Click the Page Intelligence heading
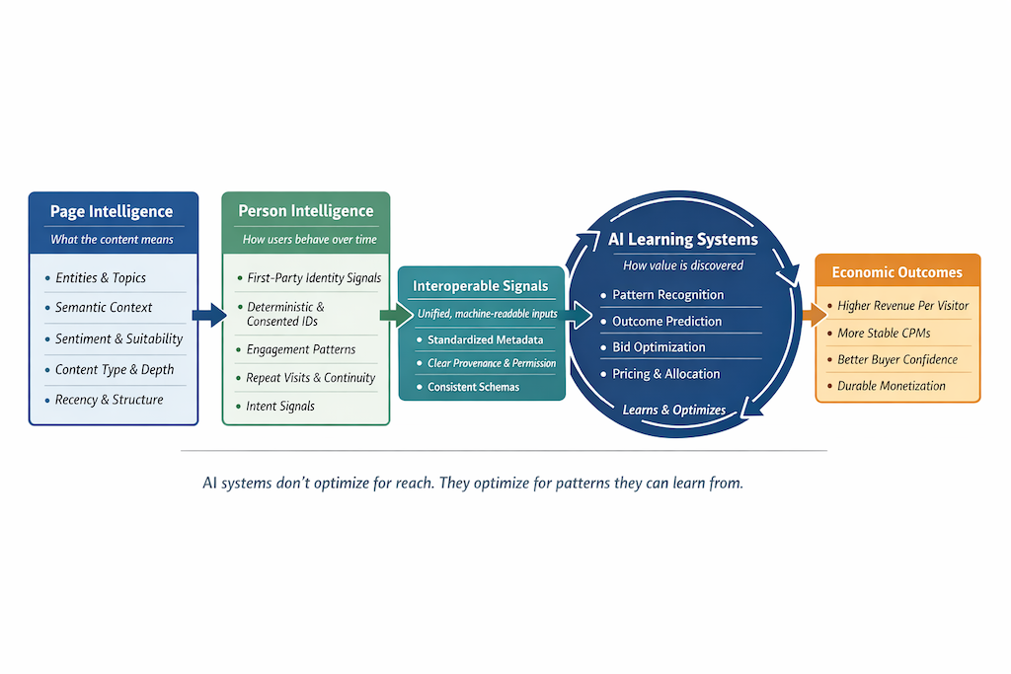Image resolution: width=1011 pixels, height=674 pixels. pyautogui.click(x=112, y=211)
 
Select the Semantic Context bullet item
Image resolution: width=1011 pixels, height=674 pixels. pyautogui.click(x=104, y=308)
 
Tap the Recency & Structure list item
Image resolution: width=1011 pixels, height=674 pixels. pyautogui.click(x=109, y=400)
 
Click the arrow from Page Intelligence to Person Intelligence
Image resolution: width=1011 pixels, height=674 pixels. pyautogui.click(x=209, y=316)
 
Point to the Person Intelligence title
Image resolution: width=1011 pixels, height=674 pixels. pyautogui.click(x=306, y=211)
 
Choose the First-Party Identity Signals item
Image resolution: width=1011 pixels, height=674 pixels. pyautogui.click(x=314, y=278)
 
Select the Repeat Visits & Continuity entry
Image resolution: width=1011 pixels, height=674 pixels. pyautogui.click(x=310, y=378)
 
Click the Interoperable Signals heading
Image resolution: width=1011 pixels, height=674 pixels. pyautogui.click(x=481, y=286)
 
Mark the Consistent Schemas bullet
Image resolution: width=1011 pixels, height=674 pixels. pyautogui.click(x=473, y=387)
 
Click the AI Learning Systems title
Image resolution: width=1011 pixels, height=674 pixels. pyautogui.click(x=683, y=240)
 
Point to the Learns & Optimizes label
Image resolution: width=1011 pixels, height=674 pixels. pyautogui.click(x=674, y=410)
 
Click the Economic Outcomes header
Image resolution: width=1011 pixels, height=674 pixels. pyautogui.click(x=896, y=272)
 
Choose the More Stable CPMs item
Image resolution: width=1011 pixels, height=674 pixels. pyautogui.click(x=884, y=334)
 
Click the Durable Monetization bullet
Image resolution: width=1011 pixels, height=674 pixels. pyautogui.click(x=891, y=386)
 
